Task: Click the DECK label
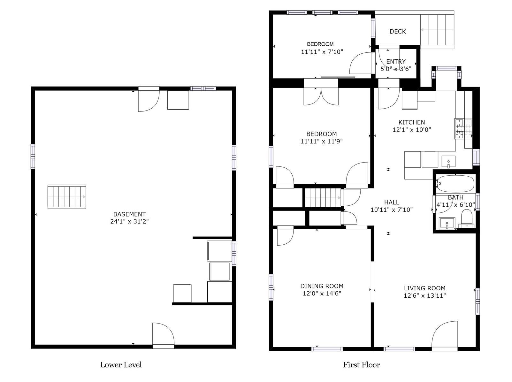(397, 32)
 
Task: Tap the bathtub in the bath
(455, 184)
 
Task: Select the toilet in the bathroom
(467, 218)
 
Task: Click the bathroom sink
(447, 223)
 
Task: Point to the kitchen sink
(448, 161)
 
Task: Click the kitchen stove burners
(463, 128)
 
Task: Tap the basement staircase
(67, 197)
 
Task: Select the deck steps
(437, 30)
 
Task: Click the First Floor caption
(361, 364)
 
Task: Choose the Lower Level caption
(121, 364)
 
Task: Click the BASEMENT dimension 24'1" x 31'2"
(129, 221)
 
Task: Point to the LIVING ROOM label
(424, 288)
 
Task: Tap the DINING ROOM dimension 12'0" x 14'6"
(322, 293)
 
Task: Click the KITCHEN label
(411, 122)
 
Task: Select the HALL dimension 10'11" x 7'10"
(392, 210)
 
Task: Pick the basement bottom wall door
(163, 335)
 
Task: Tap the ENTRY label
(396, 62)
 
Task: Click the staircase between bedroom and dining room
(323, 198)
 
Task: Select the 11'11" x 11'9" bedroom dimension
(321, 141)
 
